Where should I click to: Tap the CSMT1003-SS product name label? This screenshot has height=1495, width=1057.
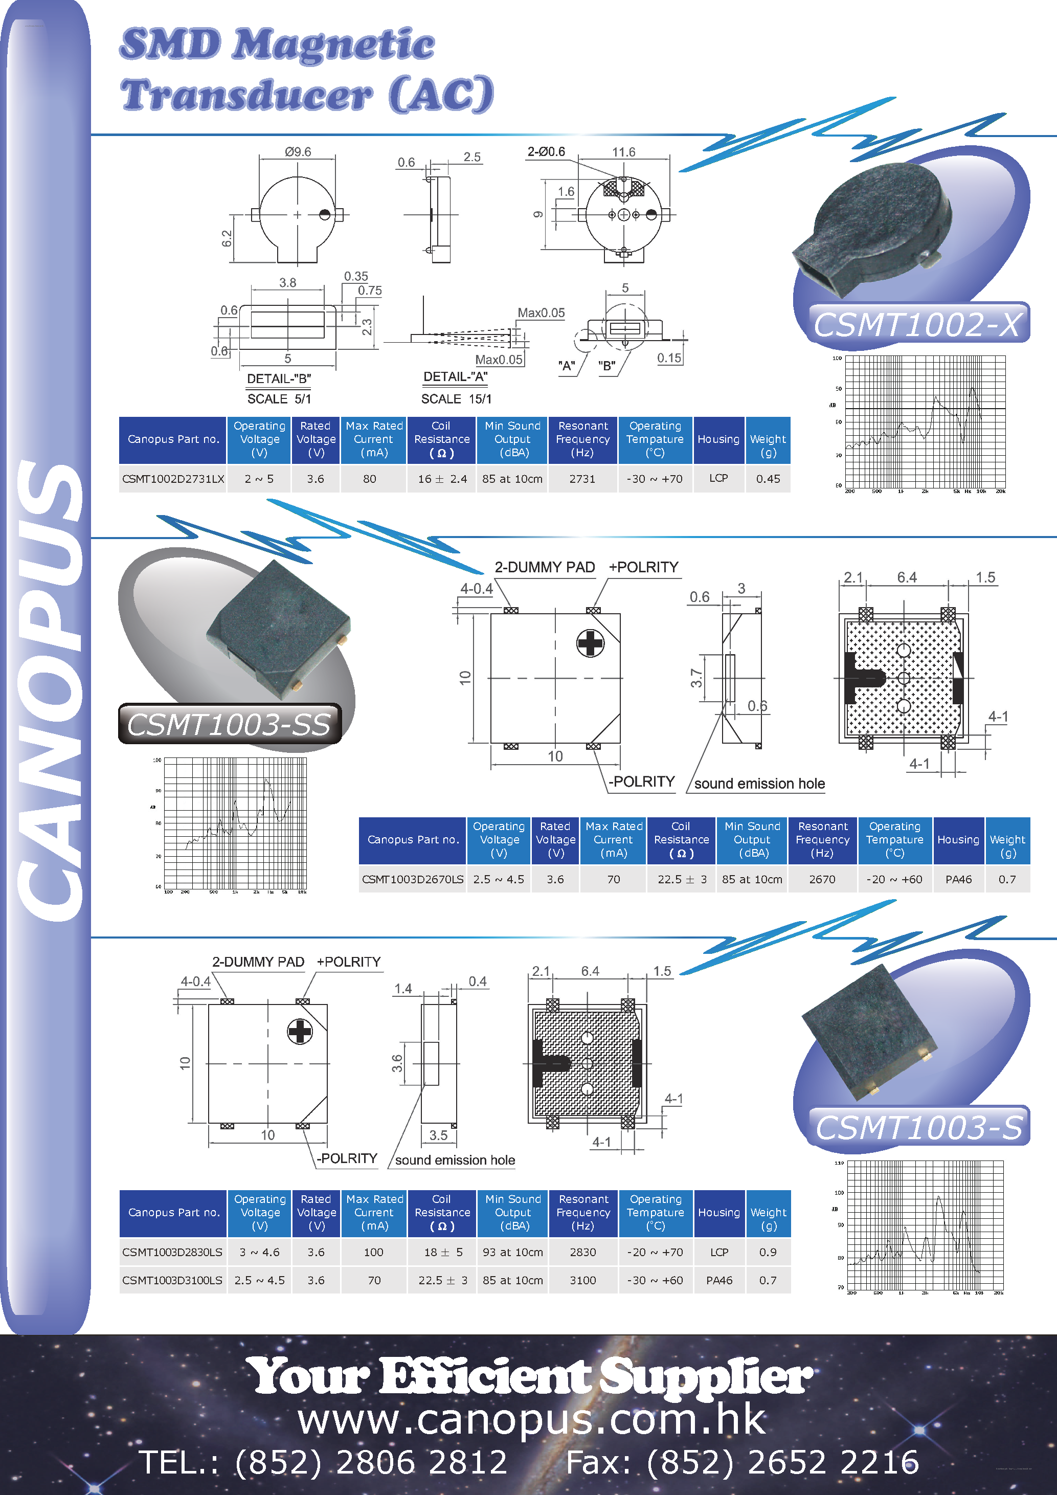[229, 724]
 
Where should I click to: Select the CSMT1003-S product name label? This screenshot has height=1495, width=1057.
[918, 1127]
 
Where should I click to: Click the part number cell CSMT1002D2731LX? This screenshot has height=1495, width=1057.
[173, 479]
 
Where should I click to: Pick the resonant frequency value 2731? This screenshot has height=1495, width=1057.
[582, 479]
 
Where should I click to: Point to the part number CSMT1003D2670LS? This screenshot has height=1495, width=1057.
[413, 879]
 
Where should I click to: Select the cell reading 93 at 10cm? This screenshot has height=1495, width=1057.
[513, 1252]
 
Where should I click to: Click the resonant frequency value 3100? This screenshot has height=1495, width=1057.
[582, 1280]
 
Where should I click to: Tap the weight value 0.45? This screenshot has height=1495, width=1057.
[768, 479]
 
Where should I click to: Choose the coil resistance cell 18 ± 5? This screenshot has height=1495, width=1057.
[442, 1252]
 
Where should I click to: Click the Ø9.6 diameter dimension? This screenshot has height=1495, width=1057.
[298, 152]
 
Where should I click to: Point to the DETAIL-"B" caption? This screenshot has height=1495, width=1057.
[279, 378]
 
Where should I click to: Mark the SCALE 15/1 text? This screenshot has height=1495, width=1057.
[456, 398]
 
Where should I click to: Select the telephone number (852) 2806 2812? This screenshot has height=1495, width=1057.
[370, 1462]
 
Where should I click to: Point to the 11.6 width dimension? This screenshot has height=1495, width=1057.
[623, 152]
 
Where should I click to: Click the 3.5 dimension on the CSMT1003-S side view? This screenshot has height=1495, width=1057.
[438, 1135]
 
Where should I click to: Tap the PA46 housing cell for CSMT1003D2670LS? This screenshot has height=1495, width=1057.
[958, 879]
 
